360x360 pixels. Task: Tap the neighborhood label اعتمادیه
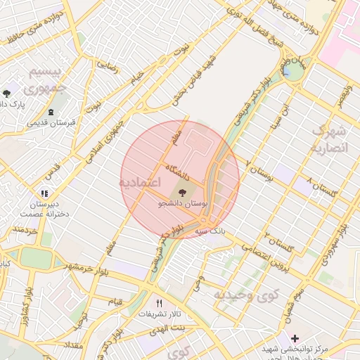click(x=139, y=183)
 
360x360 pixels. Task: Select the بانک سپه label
click(x=212, y=230)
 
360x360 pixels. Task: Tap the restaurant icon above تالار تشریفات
click(x=159, y=303)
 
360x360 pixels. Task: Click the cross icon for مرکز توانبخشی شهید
click(x=295, y=339)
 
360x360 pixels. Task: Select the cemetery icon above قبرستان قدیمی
click(x=51, y=112)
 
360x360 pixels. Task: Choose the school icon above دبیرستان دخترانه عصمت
click(x=44, y=193)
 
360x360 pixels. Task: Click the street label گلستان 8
click(x=321, y=188)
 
